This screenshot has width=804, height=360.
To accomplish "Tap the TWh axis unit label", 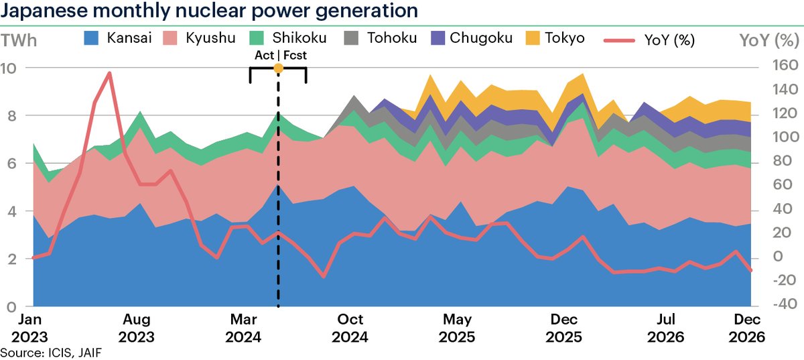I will coord(19,40).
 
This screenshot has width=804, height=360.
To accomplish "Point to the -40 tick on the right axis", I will coord(771,304).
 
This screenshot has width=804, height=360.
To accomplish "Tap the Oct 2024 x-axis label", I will coord(350,326).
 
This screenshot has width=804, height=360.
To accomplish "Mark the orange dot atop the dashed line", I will coord(278,68).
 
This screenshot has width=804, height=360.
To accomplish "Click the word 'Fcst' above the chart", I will coord(295,55).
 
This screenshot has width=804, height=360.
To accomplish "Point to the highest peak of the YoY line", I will coord(109,74).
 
